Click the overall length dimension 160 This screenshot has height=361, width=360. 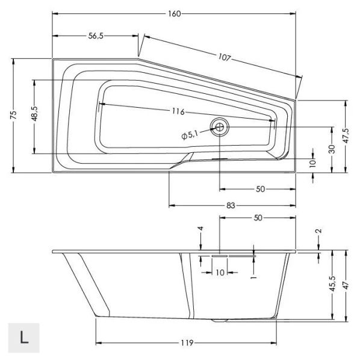174,13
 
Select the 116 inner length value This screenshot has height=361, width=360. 176,112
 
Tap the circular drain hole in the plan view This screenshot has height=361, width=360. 219,126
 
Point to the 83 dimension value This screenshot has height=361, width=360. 231,205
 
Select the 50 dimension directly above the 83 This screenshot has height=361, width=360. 260,189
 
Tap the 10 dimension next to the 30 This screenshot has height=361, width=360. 312,162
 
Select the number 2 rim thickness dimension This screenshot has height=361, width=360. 318,230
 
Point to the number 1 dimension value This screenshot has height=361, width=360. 254,277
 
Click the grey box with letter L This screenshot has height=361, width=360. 24,337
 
